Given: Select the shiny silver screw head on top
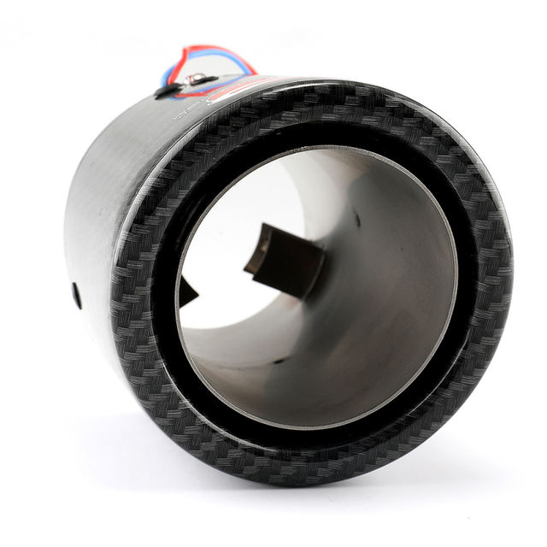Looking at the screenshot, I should click(x=195, y=79).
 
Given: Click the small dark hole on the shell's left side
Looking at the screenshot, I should click(x=77, y=295).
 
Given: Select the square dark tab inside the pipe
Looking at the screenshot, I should click(x=286, y=260).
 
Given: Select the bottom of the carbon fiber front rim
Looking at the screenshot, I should click(x=325, y=466).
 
